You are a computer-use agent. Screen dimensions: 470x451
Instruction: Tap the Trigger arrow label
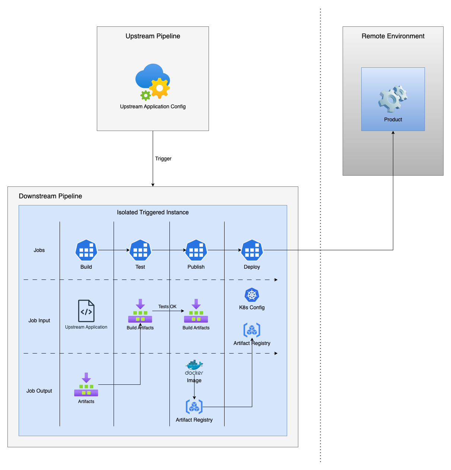click(163, 159)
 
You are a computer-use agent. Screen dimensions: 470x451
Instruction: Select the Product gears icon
click(393, 99)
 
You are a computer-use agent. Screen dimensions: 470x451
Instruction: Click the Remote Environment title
click(393, 36)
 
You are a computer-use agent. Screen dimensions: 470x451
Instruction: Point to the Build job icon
click(86, 250)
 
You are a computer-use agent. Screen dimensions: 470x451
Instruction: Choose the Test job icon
click(140, 250)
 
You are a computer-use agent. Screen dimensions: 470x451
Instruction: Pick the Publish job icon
click(196, 250)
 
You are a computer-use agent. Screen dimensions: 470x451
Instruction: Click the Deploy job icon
click(252, 250)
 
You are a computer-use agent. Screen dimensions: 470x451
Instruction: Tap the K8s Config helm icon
click(252, 295)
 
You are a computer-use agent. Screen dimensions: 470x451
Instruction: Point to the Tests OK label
click(167, 307)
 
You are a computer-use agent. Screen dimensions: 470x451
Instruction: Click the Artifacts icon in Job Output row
click(86, 384)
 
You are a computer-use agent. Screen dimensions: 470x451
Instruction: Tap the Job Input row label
click(39, 320)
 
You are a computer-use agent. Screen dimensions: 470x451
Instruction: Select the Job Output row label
click(39, 391)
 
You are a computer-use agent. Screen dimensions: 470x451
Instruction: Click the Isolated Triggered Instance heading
click(153, 212)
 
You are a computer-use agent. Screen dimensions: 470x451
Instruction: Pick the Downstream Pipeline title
click(50, 196)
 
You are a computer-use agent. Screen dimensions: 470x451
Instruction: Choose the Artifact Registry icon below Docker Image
click(194, 406)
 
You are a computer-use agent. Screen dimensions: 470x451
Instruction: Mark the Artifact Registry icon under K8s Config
click(252, 330)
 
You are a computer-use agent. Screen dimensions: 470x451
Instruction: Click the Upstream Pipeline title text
click(153, 36)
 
